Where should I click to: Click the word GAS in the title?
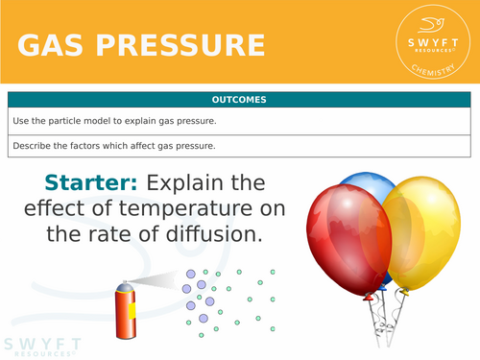pos(60,45)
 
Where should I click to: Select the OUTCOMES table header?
pos(240,100)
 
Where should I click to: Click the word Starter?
pos(93,183)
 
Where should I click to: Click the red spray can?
pos(125,312)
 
